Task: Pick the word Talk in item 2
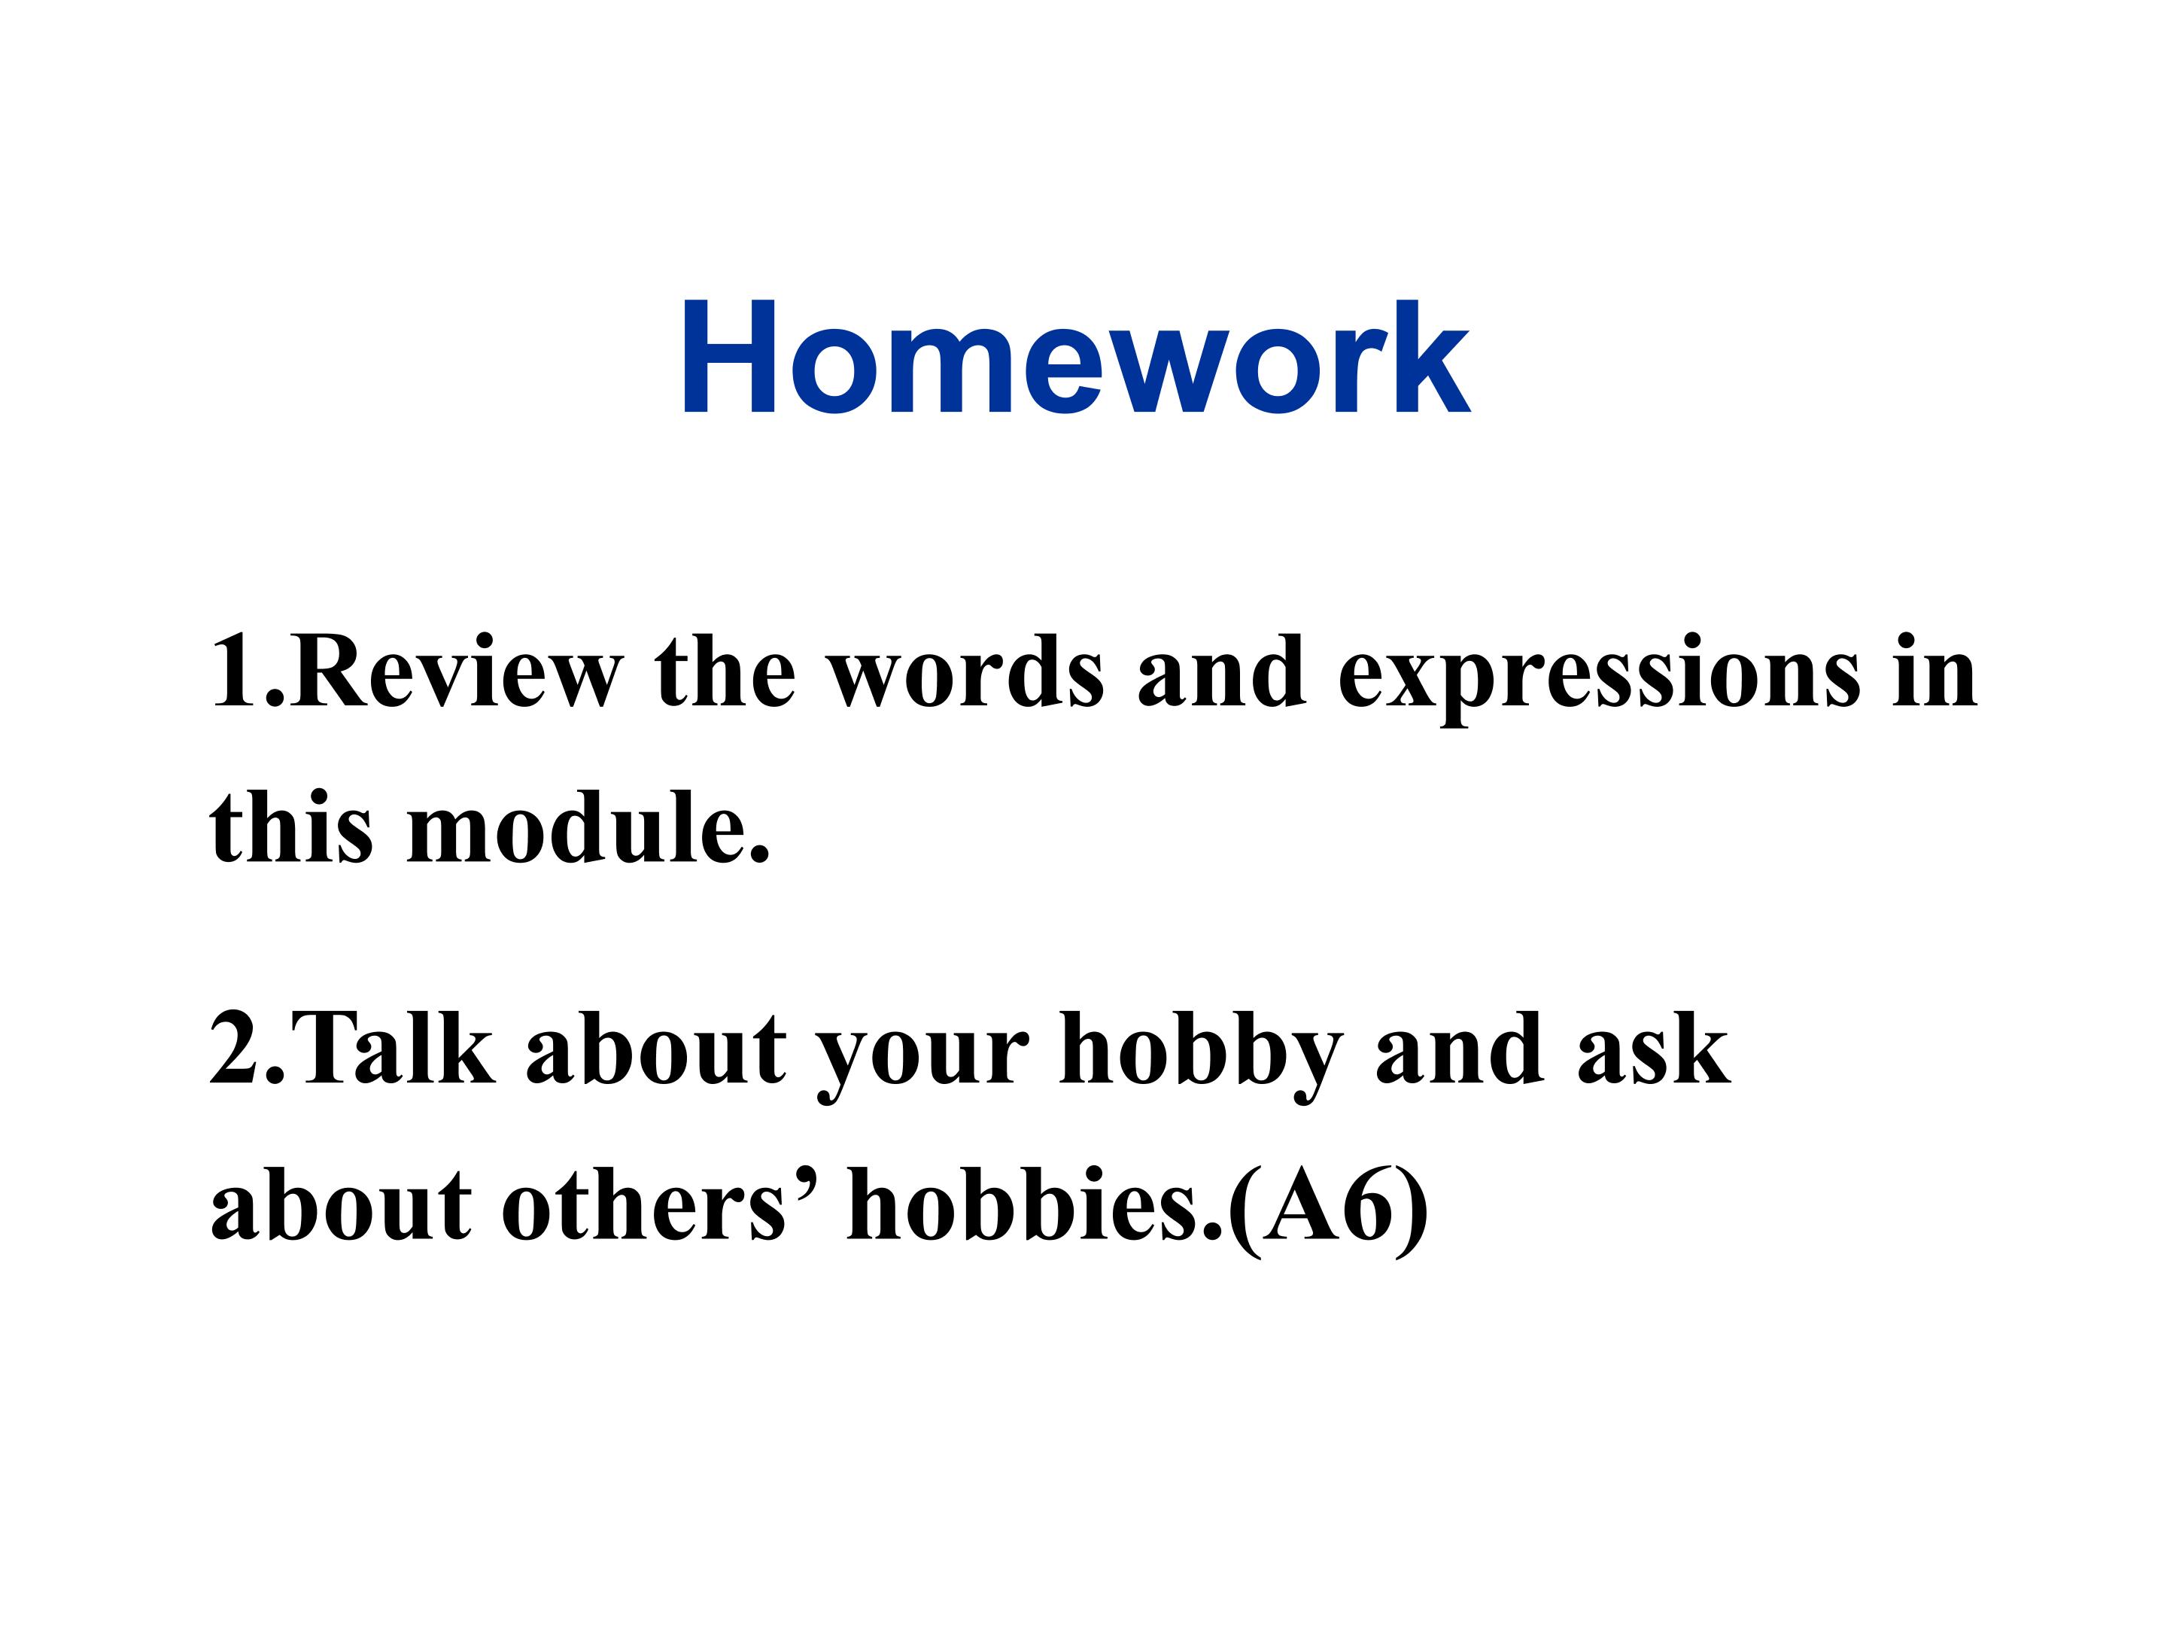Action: pyautogui.click(x=399, y=1049)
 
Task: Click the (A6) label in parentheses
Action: pyautogui.click(x=1327, y=1207)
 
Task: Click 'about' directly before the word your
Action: pyautogui.click(x=655, y=1049)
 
